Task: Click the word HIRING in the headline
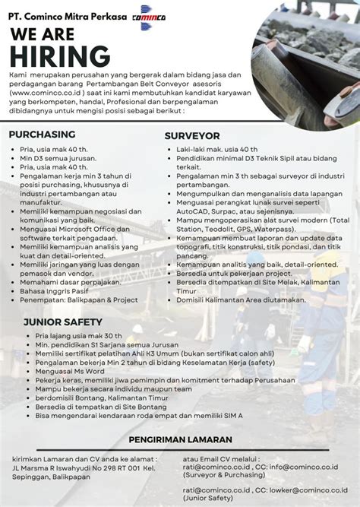coord(62,56)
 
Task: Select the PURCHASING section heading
coord(42,135)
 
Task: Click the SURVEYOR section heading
coord(192,135)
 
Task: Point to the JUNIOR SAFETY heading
coord(62,322)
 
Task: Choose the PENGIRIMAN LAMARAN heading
coord(179,439)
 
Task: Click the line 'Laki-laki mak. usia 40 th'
coord(217,150)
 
